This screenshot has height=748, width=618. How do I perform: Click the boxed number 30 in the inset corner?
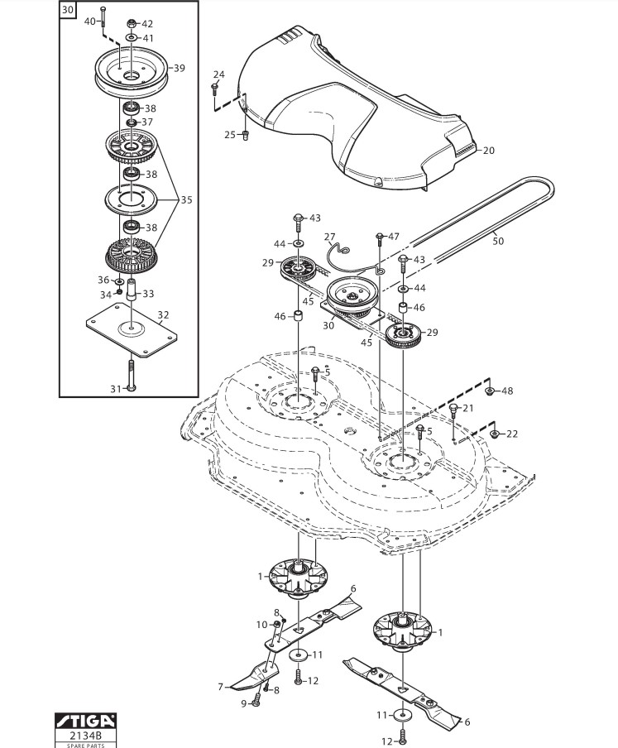pyautogui.click(x=68, y=10)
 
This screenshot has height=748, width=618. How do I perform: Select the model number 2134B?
pyautogui.click(x=86, y=735)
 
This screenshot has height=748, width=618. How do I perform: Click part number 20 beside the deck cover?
pyautogui.click(x=489, y=151)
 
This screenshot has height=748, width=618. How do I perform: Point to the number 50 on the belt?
pyautogui.click(x=498, y=241)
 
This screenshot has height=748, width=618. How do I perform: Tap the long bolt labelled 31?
pyautogui.click(x=131, y=376)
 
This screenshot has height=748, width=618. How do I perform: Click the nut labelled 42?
pyautogui.click(x=132, y=23)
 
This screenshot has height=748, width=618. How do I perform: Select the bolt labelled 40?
pyautogui.click(x=103, y=17)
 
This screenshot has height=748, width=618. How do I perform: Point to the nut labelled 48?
pyautogui.click(x=489, y=391)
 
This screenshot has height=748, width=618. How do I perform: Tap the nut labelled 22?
pyautogui.click(x=495, y=434)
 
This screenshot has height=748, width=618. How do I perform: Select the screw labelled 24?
pyautogui.click(x=214, y=89)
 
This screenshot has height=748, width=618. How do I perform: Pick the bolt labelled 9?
pyautogui.click(x=255, y=701)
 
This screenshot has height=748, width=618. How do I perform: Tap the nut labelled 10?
pyautogui.click(x=275, y=625)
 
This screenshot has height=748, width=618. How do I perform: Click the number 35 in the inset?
pyautogui.click(x=186, y=200)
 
